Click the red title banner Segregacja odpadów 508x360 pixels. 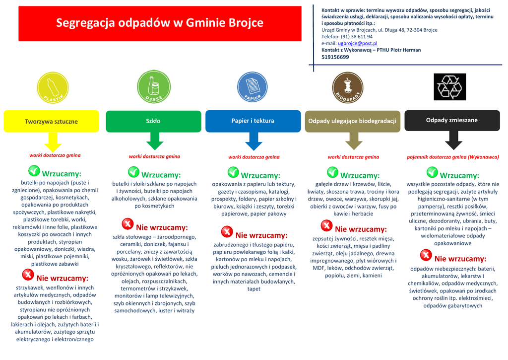click(x=160, y=23)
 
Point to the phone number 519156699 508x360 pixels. click(x=335, y=57)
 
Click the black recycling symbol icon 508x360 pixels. click(x=449, y=86)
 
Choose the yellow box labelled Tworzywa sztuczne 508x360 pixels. click(x=51, y=122)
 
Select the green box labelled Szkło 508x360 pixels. click(x=153, y=121)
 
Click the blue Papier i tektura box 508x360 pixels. click(x=253, y=121)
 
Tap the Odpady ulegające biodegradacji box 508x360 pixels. click(x=352, y=121)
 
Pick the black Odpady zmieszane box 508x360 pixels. click(x=451, y=120)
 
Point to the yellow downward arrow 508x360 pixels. click(x=53, y=143)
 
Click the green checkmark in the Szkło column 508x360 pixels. click(x=133, y=172)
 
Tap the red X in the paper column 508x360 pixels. click(x=227, y=231)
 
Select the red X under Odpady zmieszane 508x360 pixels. click(x=426, y=255)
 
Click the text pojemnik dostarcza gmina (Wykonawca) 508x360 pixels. click(x=452, y=157)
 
